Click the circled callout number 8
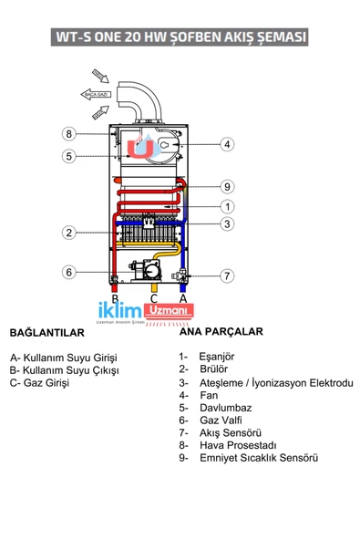68,134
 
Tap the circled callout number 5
68,156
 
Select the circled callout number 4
227,143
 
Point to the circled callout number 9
227,187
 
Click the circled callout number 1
227,206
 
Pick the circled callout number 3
227,224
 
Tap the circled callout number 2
68,233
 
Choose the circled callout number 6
68,272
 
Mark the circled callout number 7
227,275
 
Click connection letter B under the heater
115,298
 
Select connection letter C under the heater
153,298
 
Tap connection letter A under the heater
183,298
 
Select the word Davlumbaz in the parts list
227,408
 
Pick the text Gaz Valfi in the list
223,420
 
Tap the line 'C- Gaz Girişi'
41,382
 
